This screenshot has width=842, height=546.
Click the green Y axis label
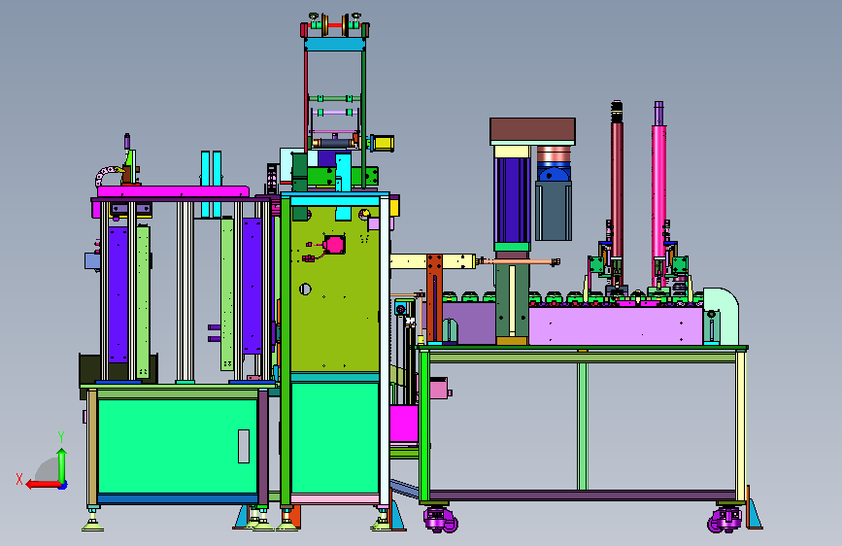pyautogui.click(x=61, y=437)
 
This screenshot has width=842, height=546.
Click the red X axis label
pyautogui.click(x=19, y=479)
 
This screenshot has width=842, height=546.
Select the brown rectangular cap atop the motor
pyautogui.click(x=532, y=131)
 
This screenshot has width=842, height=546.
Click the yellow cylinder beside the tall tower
pyautogui.click(x=383, y=143)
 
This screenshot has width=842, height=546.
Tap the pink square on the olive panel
pyautogui.click(x=334, y=245)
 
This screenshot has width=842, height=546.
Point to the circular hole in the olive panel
pyautogui.click(x=305, y=290)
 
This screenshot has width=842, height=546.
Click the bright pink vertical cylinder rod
pyautogui.click(x=658, y=193)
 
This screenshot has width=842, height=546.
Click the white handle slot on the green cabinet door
pyautogui.click(x=243, y=446)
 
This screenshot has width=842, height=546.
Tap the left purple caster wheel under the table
pyautogui.click(x=440, y=520)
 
